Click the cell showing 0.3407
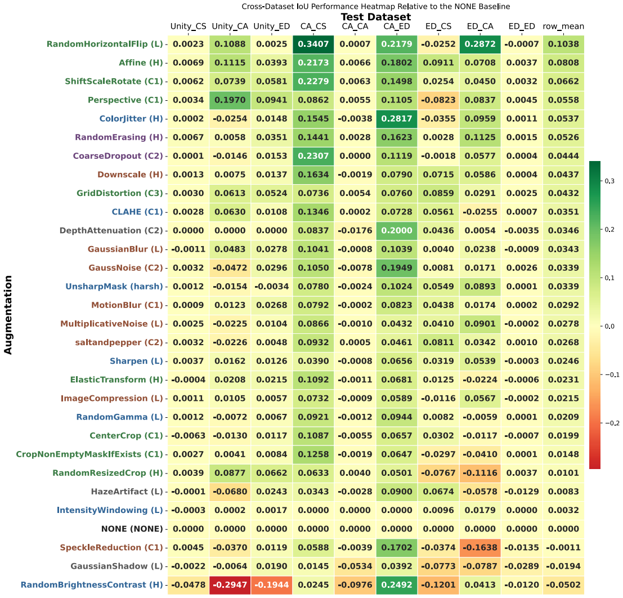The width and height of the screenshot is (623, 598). point(313,44)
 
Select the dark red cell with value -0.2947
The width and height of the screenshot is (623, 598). point(230,585)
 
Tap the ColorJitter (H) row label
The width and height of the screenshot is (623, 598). point(131,118)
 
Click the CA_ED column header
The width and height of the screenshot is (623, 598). point(397,26)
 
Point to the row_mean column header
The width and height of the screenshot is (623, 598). point(563,26)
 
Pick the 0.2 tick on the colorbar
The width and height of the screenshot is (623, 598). point(609,229)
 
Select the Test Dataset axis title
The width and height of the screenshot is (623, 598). point(376,17)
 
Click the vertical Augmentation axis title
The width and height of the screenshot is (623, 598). point(8,315)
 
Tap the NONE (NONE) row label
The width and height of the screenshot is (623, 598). point(132,529)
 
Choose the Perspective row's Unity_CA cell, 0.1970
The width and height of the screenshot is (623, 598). point(230,100)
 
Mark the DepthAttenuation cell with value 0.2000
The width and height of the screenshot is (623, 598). point(397,231)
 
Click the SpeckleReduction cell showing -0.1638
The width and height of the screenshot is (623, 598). point(480,547)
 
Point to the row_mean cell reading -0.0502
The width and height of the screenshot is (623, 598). point(563,585)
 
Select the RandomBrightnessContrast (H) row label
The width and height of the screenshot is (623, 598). point(92,585)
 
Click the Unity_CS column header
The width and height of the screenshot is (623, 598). point(189,26)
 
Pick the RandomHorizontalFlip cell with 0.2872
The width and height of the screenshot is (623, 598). point(480,44)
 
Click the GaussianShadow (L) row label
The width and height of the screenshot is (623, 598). point(117,566)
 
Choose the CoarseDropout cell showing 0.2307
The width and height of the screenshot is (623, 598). point(313,156)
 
